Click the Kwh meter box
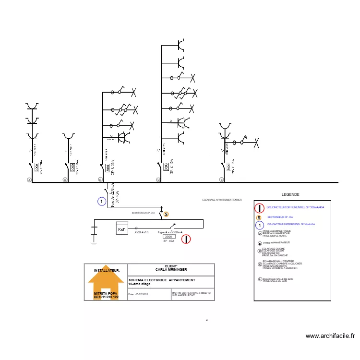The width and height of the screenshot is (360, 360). (122, 229)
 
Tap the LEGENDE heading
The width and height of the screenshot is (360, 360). (290, 194)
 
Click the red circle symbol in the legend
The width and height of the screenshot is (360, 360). (259, 208)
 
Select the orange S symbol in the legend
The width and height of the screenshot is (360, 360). (259, 217)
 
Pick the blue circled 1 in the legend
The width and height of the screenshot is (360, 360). (259, 224)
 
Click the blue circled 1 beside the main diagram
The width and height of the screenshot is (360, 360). (102, 202)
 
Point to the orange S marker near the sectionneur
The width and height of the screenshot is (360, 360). (166, 214)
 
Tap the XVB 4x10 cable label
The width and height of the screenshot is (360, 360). (142, 232)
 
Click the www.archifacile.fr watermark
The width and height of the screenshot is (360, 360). (330, 336)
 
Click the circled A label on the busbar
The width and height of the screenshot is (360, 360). (29, 180)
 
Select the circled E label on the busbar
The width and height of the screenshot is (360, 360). (221, 180)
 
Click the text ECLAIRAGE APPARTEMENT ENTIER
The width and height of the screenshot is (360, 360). (222, 200)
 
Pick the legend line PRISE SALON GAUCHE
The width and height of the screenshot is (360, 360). (275, 256)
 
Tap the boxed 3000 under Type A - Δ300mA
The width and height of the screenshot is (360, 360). (168, 237)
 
